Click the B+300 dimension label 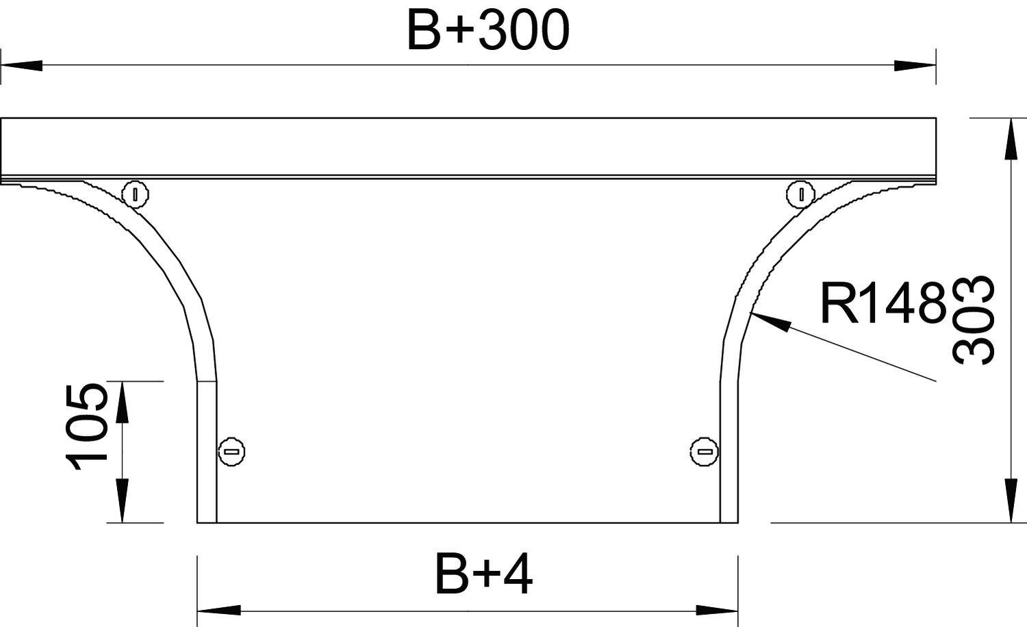coord(487,31)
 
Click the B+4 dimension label coord(483,574)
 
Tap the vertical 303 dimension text coord(973,320)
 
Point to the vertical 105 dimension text coord(87,427)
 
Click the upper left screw coord(136,194)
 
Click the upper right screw coord(800,194)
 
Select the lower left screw coord(231,451)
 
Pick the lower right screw coord(704,451)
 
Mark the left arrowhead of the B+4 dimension coord(218,609)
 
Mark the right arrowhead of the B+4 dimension coord(718,609)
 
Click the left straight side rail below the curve coord(207,452)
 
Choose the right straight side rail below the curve coord(728,452)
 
